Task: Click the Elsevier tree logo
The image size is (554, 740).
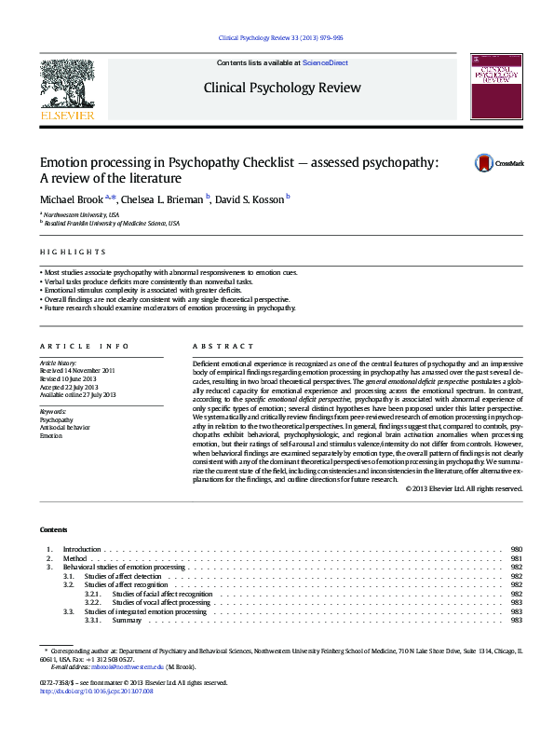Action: [x=67, y=85]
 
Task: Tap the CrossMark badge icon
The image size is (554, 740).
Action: [x=486, y=163]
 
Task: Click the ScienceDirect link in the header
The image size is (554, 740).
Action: [x=326, y=62]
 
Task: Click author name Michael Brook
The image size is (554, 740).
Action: [x=72, y=199]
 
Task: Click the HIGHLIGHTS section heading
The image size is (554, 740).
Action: [x=73, y=252]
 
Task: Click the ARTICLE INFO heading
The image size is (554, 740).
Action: [x=77, y=345]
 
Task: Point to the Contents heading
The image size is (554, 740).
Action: [x=54, y=529]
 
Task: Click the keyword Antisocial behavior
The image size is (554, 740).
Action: [x=66, y=428]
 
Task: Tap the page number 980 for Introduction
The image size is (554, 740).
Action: [x=517, y=550]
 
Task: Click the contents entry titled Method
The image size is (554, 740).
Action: [x=74, y=558]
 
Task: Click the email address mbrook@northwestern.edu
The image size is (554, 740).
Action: [x=127, y=666]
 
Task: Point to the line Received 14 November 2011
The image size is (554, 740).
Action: [x=77, y=370]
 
